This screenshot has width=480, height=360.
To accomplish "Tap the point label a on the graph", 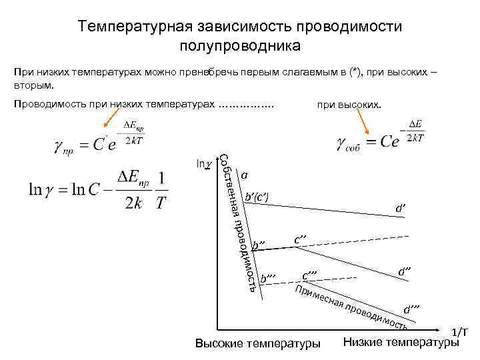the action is (x=245, y=175).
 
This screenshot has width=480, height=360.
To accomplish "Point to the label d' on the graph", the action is (x=400, y=209).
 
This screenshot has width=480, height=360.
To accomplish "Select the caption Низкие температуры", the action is (x=401, y=343).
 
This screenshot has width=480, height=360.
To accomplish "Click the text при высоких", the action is (x=349, y=105).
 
